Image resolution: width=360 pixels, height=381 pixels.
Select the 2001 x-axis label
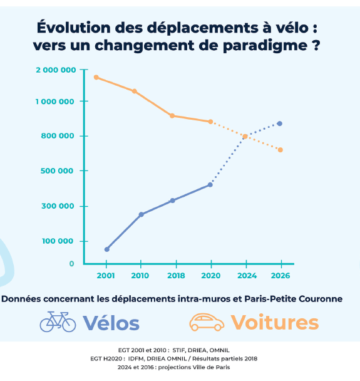click(106, 276)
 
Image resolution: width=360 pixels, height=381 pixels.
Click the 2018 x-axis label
click(177, 276)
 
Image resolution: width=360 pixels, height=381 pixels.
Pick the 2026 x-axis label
click(281, 276)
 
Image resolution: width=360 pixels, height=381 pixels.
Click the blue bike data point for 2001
click(107, 249)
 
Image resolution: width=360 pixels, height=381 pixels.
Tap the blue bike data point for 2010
click(141, 214)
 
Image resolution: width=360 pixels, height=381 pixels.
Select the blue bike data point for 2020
click(210, 185)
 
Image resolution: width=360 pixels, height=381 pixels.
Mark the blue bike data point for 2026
click(280, 123)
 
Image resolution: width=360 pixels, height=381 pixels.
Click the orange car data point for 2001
click(96, 77)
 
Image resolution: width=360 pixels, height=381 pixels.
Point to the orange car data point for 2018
click(172, 116)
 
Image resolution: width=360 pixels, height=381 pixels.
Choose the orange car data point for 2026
click(280, 150)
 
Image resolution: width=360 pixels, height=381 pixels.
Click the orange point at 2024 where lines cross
click(245, 137)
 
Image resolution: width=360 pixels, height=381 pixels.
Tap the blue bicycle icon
click(58, 322)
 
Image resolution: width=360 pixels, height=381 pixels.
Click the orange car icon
click(207, 322)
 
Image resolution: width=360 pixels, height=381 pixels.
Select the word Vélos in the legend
click(111, 323)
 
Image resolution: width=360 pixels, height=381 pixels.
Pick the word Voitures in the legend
click(274, 323)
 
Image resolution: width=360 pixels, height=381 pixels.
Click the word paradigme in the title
click(264, 46)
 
